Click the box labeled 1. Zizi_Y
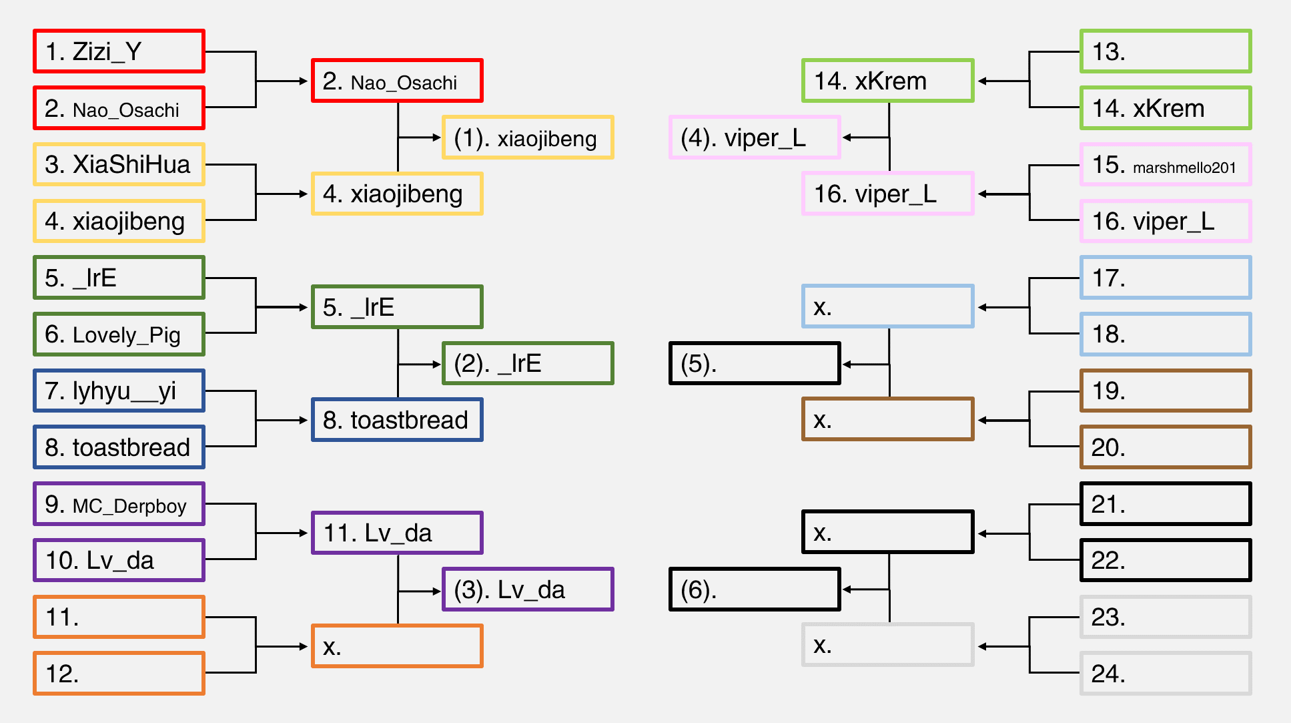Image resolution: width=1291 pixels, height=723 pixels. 119,51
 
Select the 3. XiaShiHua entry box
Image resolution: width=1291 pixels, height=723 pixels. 119,164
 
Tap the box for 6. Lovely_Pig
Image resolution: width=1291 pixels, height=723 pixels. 119,334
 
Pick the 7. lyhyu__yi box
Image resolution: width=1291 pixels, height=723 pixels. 119,391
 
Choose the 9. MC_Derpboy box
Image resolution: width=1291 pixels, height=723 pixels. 119,504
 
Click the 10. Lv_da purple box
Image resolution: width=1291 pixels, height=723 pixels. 119,560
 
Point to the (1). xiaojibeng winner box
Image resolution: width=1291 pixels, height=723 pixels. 528,138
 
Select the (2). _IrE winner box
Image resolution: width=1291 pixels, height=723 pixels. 528,363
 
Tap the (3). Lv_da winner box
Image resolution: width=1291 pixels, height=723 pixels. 528,589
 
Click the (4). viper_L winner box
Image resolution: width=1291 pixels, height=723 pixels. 755,138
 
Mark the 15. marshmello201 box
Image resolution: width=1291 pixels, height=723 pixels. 1166,164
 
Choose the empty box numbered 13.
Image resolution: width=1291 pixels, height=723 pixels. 1166,51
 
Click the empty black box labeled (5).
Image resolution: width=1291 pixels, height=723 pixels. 755,363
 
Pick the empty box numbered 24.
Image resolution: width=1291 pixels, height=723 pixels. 1166,674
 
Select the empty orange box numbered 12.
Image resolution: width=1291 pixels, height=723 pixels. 119,674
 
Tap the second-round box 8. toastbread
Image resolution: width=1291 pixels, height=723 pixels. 397,420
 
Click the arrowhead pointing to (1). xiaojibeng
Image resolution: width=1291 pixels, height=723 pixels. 437,138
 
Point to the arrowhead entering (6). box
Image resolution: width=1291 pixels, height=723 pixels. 847,589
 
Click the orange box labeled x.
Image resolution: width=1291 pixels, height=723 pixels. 397,646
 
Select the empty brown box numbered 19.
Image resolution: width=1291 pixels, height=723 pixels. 1166,391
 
